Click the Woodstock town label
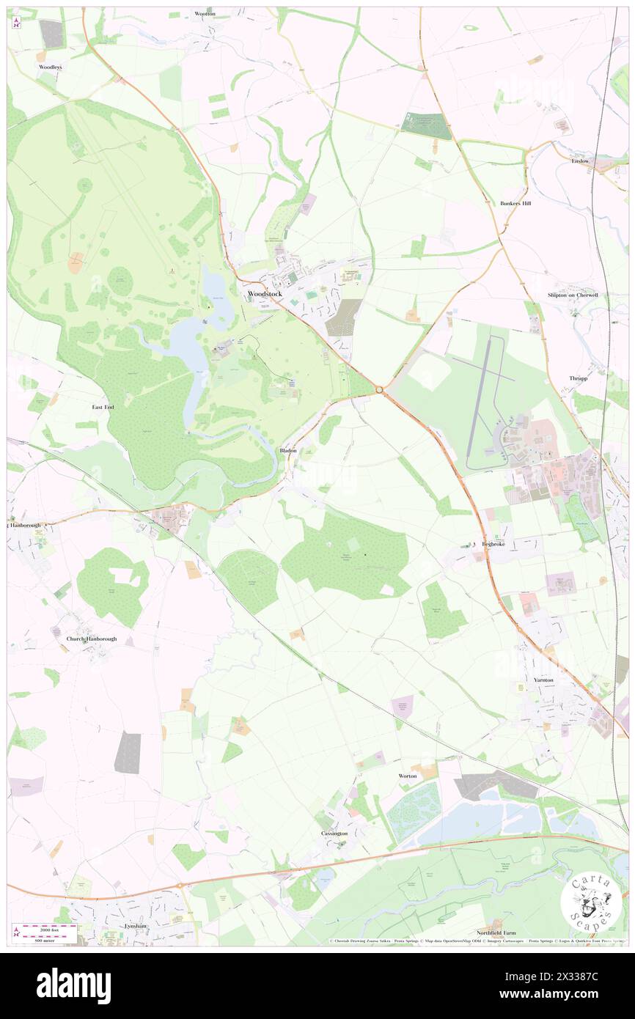pos(265,294)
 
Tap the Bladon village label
pos(288,450)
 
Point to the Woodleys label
pos(51,67)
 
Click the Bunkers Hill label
pos(515,203)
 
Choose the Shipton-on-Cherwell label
pos(573,295)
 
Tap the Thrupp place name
pos(579,378)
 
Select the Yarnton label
pos(543,680)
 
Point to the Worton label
pos(407,776)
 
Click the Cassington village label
pos(334,834)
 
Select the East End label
pos(103,407)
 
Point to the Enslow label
pos(580,161)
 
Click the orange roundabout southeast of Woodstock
pos(380,390)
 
